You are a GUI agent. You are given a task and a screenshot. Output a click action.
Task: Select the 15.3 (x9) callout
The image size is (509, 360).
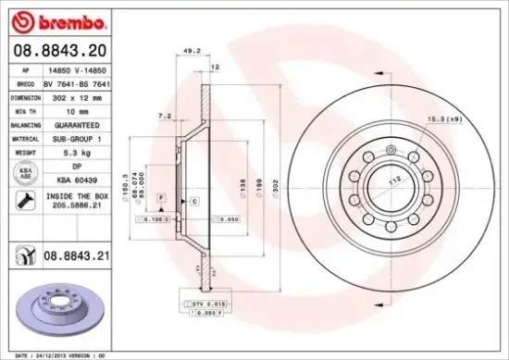pos(443,118)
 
